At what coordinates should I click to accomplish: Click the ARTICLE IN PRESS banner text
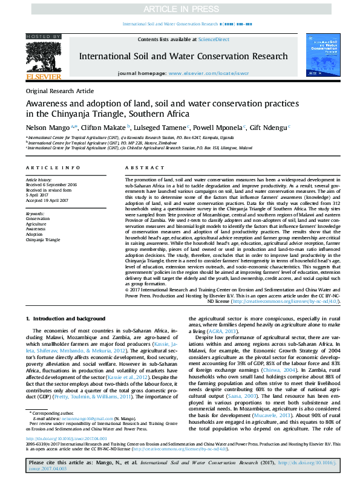click(180, 9)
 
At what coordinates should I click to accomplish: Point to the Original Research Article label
click(60, 90)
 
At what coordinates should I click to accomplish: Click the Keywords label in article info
click(35, 214)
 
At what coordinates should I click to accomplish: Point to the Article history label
click(39, 180)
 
